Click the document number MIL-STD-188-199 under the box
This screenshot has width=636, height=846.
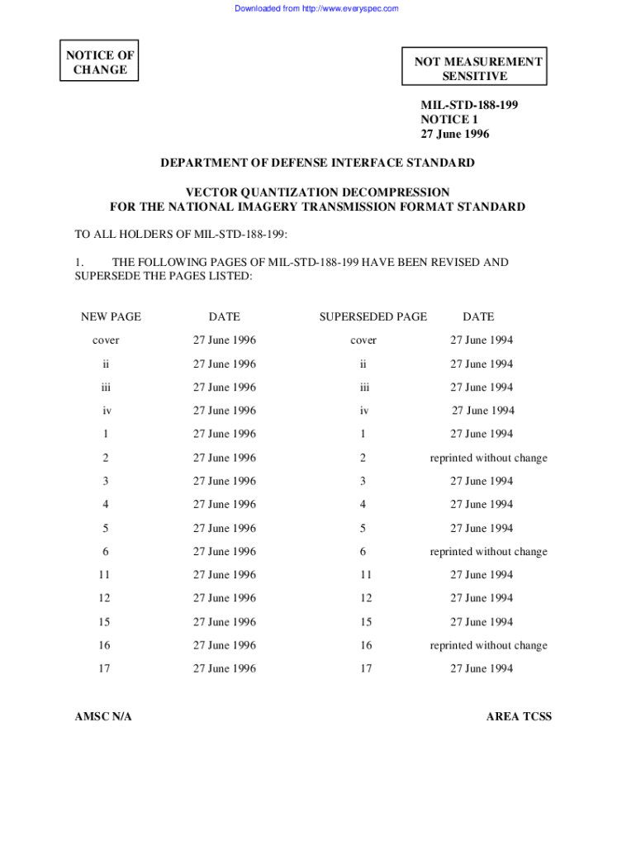click(x=469, y=105)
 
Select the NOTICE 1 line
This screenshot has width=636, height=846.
click(x=449, y=120)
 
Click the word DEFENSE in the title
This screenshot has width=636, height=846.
click(x=313, y=163)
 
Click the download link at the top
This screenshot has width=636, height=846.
click(x=316, y=8)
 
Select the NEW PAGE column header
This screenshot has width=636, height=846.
click(x=111, y=316)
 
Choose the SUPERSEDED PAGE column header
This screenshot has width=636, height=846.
click(x=373, y=316)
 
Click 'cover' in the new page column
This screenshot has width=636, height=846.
click(x=106, y=340)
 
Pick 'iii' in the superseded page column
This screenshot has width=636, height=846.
click(x=363, y=387)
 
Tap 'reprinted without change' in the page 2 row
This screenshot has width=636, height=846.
click(x=488, y=458)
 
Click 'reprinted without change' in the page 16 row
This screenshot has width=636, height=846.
click(x=488, y=645)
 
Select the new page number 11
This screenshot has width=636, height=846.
click(x=104, y=575)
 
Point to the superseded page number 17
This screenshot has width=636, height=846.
click(x=365, y=668)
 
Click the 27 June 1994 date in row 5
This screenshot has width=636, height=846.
click(x=481, y=528)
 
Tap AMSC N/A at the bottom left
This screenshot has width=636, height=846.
click(x=103, y=716)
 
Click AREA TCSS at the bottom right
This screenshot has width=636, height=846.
click(x=519, y=716)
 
